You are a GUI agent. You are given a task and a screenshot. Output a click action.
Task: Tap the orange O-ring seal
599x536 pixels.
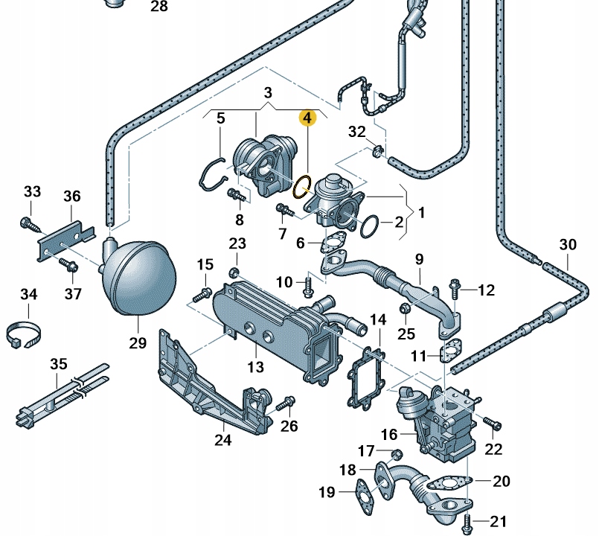point(302,187)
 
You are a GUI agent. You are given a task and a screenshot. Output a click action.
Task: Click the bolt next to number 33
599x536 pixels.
point(29,223)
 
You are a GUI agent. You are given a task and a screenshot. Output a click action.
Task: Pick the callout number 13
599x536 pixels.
point(255,367)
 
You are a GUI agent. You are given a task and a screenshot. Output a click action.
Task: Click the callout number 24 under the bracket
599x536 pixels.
point(222,440)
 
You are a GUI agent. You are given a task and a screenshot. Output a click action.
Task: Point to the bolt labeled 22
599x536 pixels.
point(492,424)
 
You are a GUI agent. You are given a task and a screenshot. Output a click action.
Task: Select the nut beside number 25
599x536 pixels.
point(406,308)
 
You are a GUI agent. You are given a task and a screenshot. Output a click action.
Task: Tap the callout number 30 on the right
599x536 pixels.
point(568,243)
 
